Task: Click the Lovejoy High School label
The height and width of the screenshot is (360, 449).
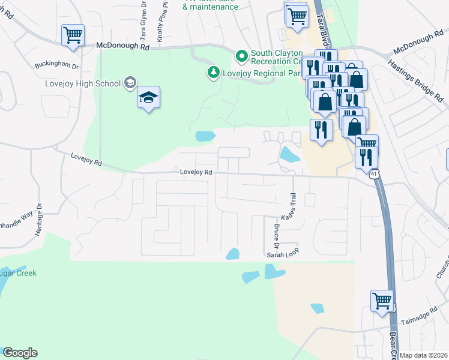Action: (83, 83)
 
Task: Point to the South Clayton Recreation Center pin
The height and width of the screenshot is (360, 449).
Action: (242, 57)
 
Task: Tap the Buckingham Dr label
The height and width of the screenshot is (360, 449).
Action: (57, 64)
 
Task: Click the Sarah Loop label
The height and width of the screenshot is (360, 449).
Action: (282, 254)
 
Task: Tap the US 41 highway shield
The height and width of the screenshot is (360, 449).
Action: (374, 174)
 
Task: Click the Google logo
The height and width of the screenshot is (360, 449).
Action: (20, 353)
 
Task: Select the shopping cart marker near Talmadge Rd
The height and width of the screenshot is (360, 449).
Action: (382, 301)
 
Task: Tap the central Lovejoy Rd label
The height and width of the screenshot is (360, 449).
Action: (197, 172)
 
